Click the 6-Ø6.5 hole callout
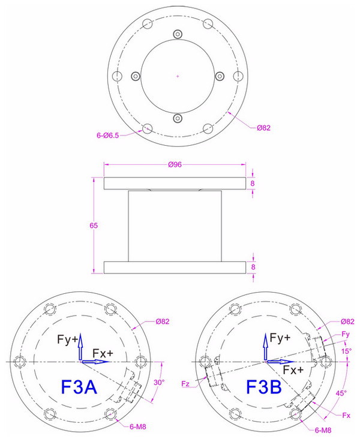[x=107, y=136]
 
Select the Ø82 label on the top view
[x=265, y=128]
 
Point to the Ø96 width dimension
[x=175, y=164]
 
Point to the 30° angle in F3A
[x=159, y=381]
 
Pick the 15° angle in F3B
[x=346, y=351]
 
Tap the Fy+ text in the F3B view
[x=280, y=338]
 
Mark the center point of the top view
[x=178, y=76]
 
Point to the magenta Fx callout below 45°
[x=347, y=416]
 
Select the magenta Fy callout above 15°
[x=345, y=333]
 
